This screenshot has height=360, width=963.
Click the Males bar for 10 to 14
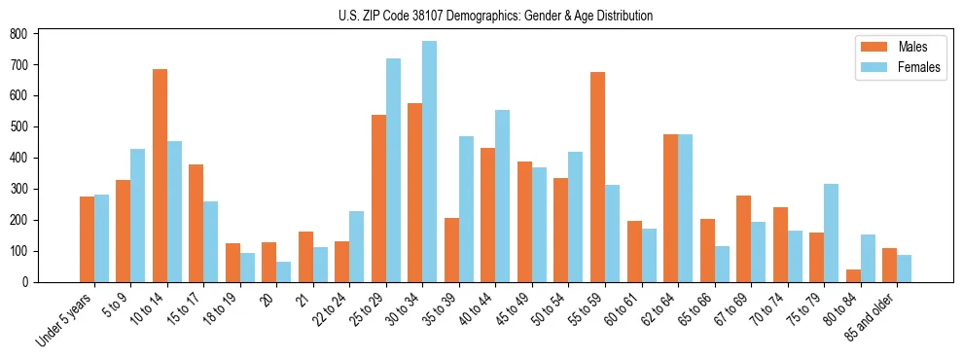pos(160,175)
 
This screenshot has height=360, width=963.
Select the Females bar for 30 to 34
pos(429,162)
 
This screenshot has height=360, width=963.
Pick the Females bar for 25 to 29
pos(393,170)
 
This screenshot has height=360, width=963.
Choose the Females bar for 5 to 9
pos(137,215)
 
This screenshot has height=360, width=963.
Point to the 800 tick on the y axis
pos(37,33)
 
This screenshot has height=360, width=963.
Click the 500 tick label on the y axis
pos(19,126)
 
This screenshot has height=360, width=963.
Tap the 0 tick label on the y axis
pos(26,282)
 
